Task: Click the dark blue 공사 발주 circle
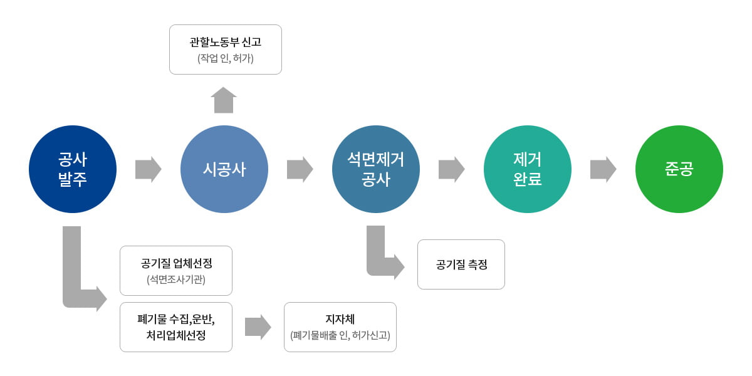(73, 169)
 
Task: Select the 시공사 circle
(224, 169)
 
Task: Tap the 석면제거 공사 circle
(376, 169)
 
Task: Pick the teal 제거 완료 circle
(528, 169)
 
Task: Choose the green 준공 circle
(679, 169)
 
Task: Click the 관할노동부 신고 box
(226, 50)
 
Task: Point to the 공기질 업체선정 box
(176, 270)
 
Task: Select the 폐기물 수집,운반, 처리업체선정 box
(176, 326)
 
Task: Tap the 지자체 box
(340, 326)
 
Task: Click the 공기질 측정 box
(461, 264)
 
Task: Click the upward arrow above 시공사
(224, 100)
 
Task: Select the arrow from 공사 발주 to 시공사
(149, 169)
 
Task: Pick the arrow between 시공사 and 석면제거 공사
(300, 169)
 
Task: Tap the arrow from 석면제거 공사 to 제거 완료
(452, 169)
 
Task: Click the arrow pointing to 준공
(603, 169)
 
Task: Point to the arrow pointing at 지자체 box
(258, 326)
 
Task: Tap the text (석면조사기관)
(176, 279)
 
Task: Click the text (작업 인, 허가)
(226, 59)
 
